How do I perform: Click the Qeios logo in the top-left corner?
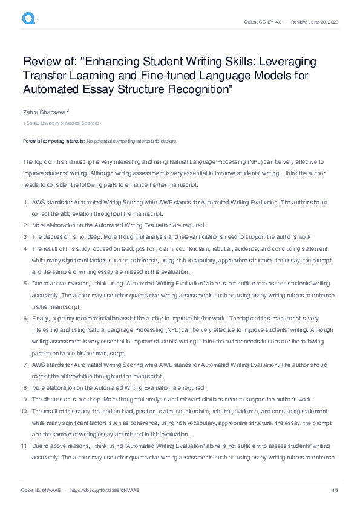28,19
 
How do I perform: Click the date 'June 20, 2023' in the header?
322,22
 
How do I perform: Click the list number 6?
25,317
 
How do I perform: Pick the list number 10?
25,411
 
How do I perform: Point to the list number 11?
25,445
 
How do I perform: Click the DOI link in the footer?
105,491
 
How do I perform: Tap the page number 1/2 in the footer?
335,491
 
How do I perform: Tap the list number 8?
25,387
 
